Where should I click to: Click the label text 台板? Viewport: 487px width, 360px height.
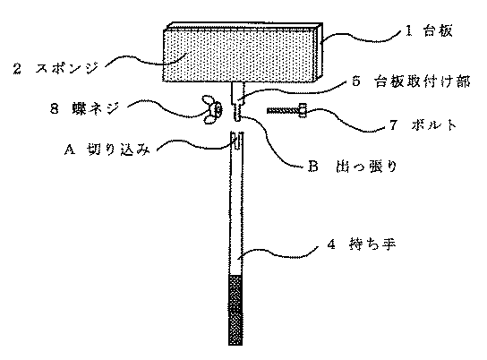point(438,30)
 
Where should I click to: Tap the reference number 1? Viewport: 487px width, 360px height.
point(408,30)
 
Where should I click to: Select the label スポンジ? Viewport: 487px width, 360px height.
point(67,68)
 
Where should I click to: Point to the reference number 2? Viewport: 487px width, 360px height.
point(17,68)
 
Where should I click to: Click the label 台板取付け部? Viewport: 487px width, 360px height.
point(422,81)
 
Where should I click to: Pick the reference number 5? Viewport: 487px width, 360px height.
point(356,81)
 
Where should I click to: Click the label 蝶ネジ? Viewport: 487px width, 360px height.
point(96,108)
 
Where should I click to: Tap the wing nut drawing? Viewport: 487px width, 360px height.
point(212,109)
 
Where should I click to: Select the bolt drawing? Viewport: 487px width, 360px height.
point(286,110)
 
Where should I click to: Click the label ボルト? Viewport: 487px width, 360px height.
point(434,125)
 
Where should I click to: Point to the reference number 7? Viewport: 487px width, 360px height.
point(393,125)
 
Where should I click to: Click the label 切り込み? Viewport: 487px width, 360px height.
point(118,150)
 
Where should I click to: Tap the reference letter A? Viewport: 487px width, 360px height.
point(70,150)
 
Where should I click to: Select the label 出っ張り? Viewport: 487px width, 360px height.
point(366,167)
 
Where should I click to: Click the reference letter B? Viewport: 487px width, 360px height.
point(313,167)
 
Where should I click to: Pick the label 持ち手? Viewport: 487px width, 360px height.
point(372,244)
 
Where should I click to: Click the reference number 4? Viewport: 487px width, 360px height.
point(331,244)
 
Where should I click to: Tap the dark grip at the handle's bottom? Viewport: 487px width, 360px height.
point(235,310)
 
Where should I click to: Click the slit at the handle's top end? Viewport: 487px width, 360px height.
point(236,141)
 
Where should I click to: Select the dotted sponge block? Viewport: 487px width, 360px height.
point(238,56)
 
